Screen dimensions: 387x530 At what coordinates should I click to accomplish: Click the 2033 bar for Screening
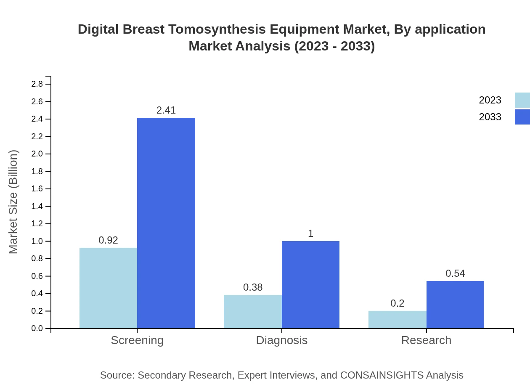click(166, 223)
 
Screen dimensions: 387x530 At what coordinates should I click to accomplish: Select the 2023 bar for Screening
click(108, 288)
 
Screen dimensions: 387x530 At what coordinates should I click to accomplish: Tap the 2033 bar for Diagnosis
click(310, 285)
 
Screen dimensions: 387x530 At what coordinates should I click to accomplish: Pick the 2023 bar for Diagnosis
click(252, 312)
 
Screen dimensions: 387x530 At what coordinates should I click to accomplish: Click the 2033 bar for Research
click(455, 305)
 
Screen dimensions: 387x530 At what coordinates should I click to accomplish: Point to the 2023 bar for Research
click(397, 320)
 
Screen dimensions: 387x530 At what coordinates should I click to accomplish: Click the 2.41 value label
click(166, 110)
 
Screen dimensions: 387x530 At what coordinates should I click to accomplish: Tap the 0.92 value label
click(108, 240)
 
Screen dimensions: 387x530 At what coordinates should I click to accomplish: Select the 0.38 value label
click(253, 287)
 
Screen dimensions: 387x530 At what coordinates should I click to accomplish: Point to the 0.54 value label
click(455, 273)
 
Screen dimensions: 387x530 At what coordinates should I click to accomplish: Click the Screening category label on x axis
click(137, 340)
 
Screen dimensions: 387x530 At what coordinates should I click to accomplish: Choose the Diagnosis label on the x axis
click(282, 340)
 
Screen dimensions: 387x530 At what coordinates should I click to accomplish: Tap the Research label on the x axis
click(426, 340)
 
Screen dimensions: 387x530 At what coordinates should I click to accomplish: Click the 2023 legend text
click(490, 100)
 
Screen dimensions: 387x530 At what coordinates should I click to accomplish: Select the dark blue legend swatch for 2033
click(522, 117)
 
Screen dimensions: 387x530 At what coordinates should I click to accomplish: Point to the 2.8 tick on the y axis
click(37, 84)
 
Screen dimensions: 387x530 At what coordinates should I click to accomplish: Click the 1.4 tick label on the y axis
click(37, 206)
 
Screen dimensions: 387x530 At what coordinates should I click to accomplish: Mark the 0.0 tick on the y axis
click(37, 329)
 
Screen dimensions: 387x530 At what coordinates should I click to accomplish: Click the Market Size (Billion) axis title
click(13, 202)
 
